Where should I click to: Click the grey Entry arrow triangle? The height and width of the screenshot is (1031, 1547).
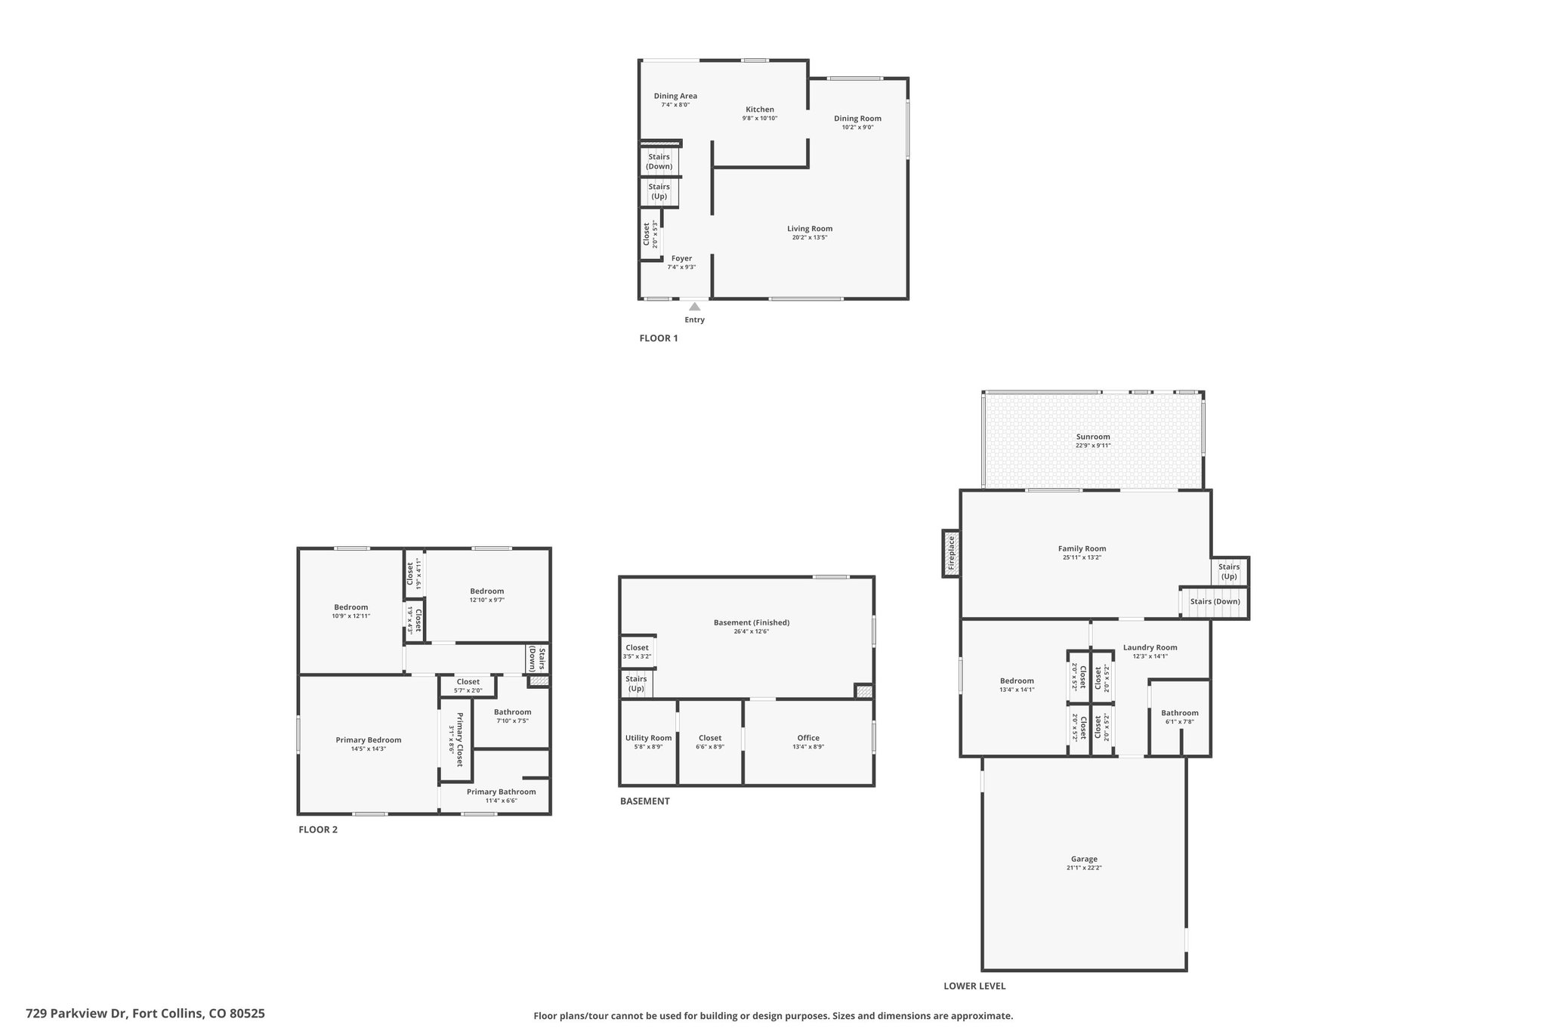pyautogui.click(x=694, y=307)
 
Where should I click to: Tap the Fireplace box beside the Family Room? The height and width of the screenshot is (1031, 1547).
pyautogui.click(x=951, y=553)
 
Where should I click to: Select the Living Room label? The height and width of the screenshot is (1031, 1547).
pyautogui.click(x=810, y=229)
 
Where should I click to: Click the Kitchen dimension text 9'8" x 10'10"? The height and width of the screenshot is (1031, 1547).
pyautogui.click(x=760, y=119)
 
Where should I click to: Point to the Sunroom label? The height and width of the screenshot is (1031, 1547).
pyautogui.click(x=1093, y=437)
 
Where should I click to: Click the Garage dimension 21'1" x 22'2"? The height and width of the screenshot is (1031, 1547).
pyautogui.click(x=1084, y=868)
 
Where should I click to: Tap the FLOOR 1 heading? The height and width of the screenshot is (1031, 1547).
pyautogui.click(x=659, y=338)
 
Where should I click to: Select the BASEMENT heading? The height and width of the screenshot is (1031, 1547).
pyautogui.click(x=644, y=801)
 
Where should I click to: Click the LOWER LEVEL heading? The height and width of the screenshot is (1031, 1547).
pyautogui.click(x=974, y=986)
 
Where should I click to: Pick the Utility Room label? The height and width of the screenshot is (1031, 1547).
pyautogui.click(x=648, y=738)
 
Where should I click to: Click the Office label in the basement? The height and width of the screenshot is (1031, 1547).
pyautogui.click(x=808, y=738)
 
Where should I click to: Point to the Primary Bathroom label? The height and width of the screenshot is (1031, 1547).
pyautogui.click(x=501, y=792)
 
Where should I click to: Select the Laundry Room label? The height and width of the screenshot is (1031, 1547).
pyautogui.click(x=1150, y=647)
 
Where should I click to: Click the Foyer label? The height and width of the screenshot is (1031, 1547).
pyautogui.click(x=681, y=258)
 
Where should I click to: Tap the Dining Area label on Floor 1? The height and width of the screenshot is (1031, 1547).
pyautogui.click(x=675, y=96)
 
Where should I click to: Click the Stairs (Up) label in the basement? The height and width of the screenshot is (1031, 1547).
pyautogui.click(x=636, y=684)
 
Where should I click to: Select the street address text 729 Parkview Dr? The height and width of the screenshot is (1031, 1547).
pyautogui.click(x=76, y=1014)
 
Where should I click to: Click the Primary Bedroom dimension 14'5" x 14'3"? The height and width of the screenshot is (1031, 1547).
pyautogui.click(x=369, y=749)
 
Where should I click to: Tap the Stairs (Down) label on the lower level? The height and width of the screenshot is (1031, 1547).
pyautogui.click(x=1215, y=602)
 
